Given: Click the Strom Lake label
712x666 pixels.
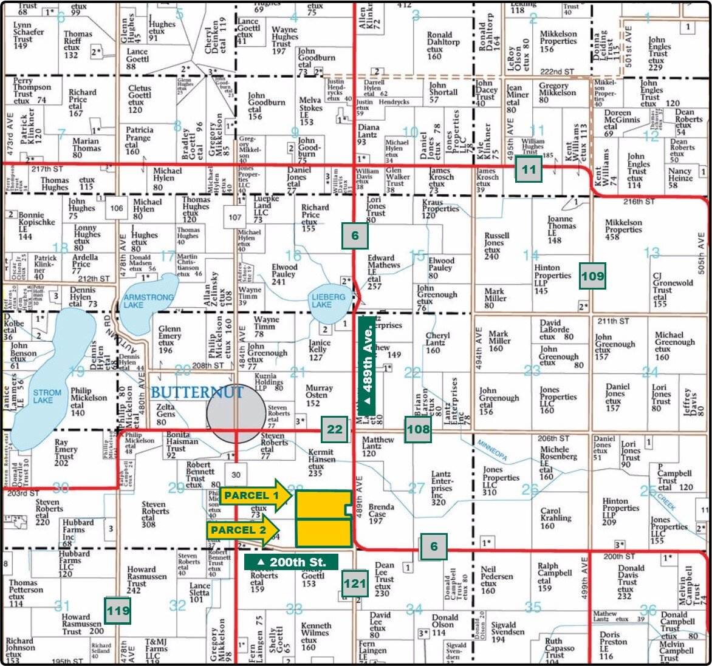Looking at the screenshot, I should tap(47, 396).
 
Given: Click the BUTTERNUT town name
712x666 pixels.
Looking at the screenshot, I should tap(197, 392).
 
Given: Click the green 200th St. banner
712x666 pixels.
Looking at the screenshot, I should tap(291, 562).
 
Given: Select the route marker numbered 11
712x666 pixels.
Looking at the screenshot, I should tap(529, 169).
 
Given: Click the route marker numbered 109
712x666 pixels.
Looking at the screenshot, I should tap(592, 276).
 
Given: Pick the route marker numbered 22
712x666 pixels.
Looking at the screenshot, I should tap(335, 429).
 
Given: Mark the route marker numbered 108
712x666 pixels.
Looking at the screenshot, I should tap(419, 429).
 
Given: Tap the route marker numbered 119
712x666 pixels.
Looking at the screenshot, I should tap(118, 610).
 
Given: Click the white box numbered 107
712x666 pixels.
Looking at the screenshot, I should tap(235, 217).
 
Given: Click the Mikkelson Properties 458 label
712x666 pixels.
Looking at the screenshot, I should tap(623, 230).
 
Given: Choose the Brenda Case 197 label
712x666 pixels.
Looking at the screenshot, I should tap(382, 514).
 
